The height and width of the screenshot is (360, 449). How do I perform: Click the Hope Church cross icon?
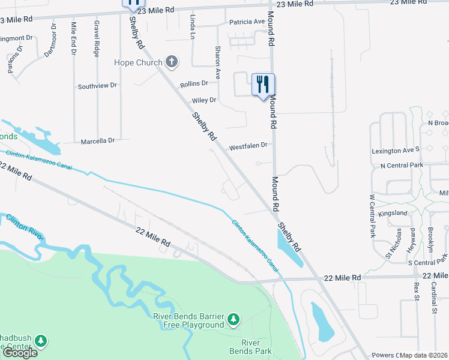tap(172, 62)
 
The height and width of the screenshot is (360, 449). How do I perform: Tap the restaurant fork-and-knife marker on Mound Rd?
tap(262, 85)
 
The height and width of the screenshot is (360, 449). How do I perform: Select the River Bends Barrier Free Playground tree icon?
tap(234, 318)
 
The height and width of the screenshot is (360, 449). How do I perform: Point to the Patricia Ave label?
tap(247, 22)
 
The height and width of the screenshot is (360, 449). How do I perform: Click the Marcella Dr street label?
tap(97, 141)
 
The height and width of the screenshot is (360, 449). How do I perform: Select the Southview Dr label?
tap(97, 86)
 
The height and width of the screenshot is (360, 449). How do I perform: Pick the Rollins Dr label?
tap(194, 83)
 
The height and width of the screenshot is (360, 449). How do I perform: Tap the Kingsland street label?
tap(393, 213)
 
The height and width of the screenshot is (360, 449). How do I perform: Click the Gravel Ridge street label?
tap(97, 39)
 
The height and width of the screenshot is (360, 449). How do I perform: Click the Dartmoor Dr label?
tap(50, 41)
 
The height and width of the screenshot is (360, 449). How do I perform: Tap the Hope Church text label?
tap(139, 62)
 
